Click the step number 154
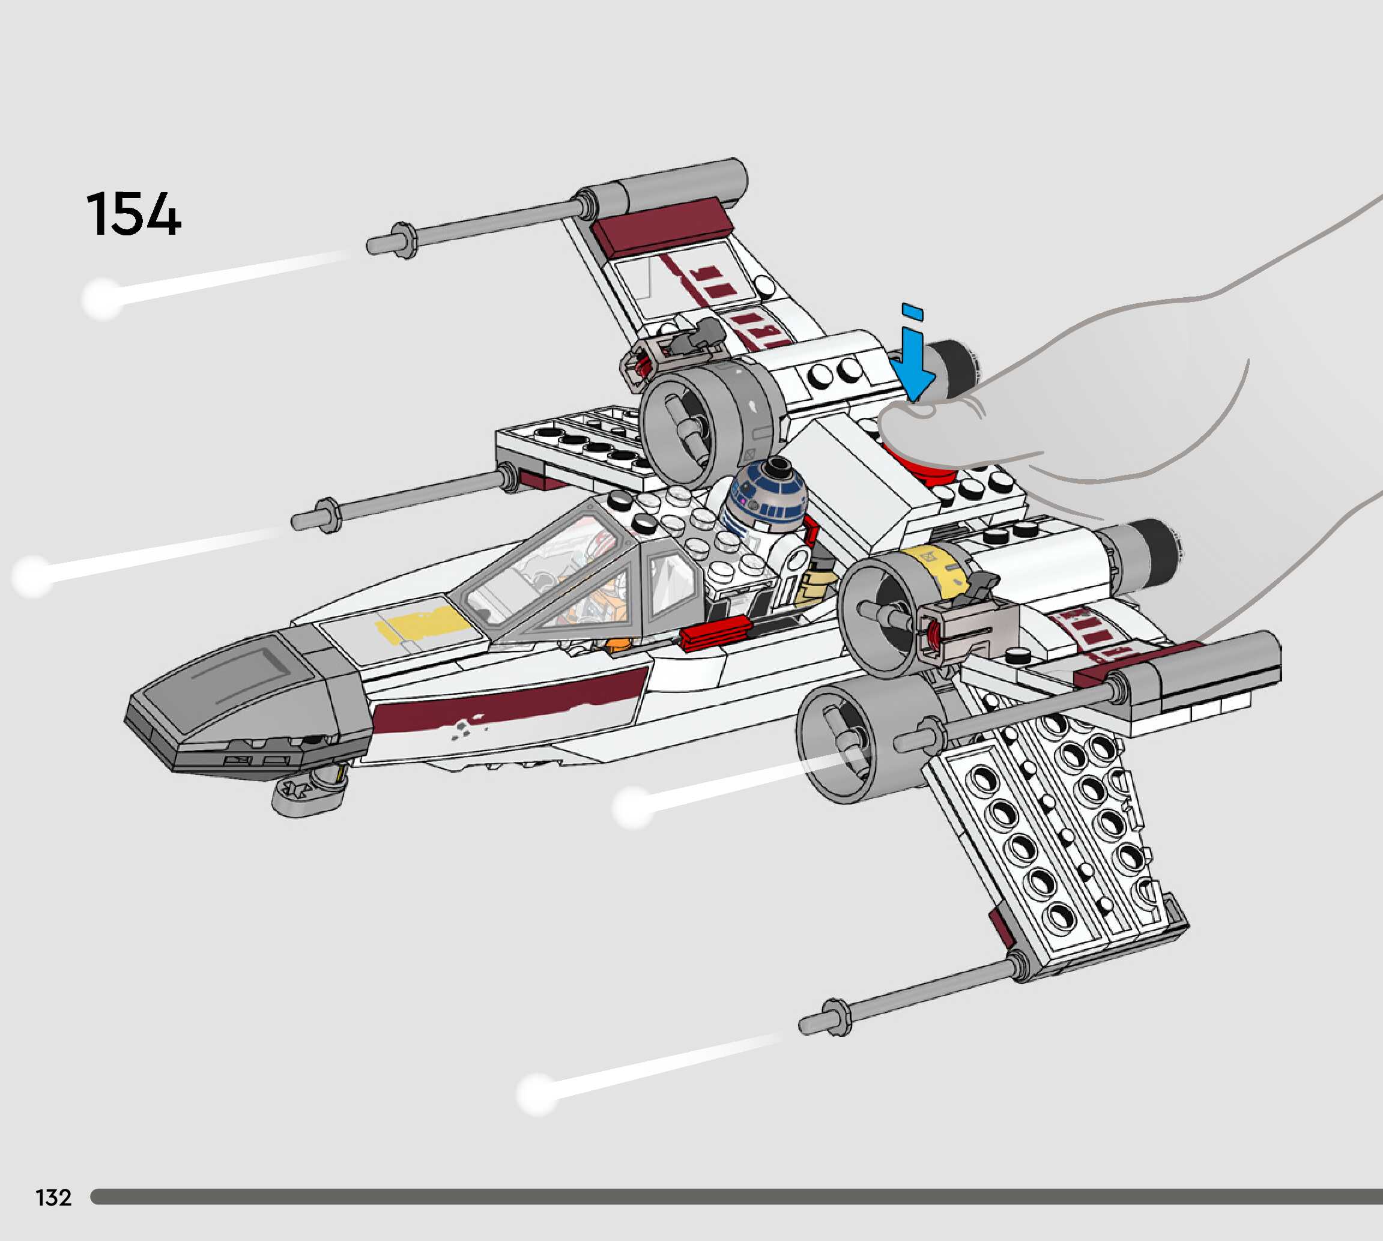tap(134, 214)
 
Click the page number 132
tap(53, 1197)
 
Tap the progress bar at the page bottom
tap(736, 1197)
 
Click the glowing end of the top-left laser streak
tap(102, 298)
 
